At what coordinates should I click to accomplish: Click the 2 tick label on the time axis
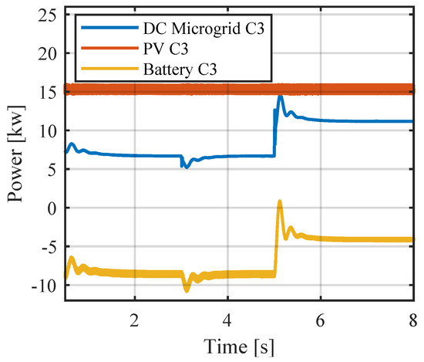click(x=135, y=319)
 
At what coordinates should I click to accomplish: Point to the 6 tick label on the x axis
click(x=321, y=319)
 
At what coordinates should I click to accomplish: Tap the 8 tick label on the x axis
click(x=412, y=319)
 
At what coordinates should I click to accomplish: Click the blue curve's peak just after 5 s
click(x=281, y=97)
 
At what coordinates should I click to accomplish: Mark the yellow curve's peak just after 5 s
click(x=280, y=202)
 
